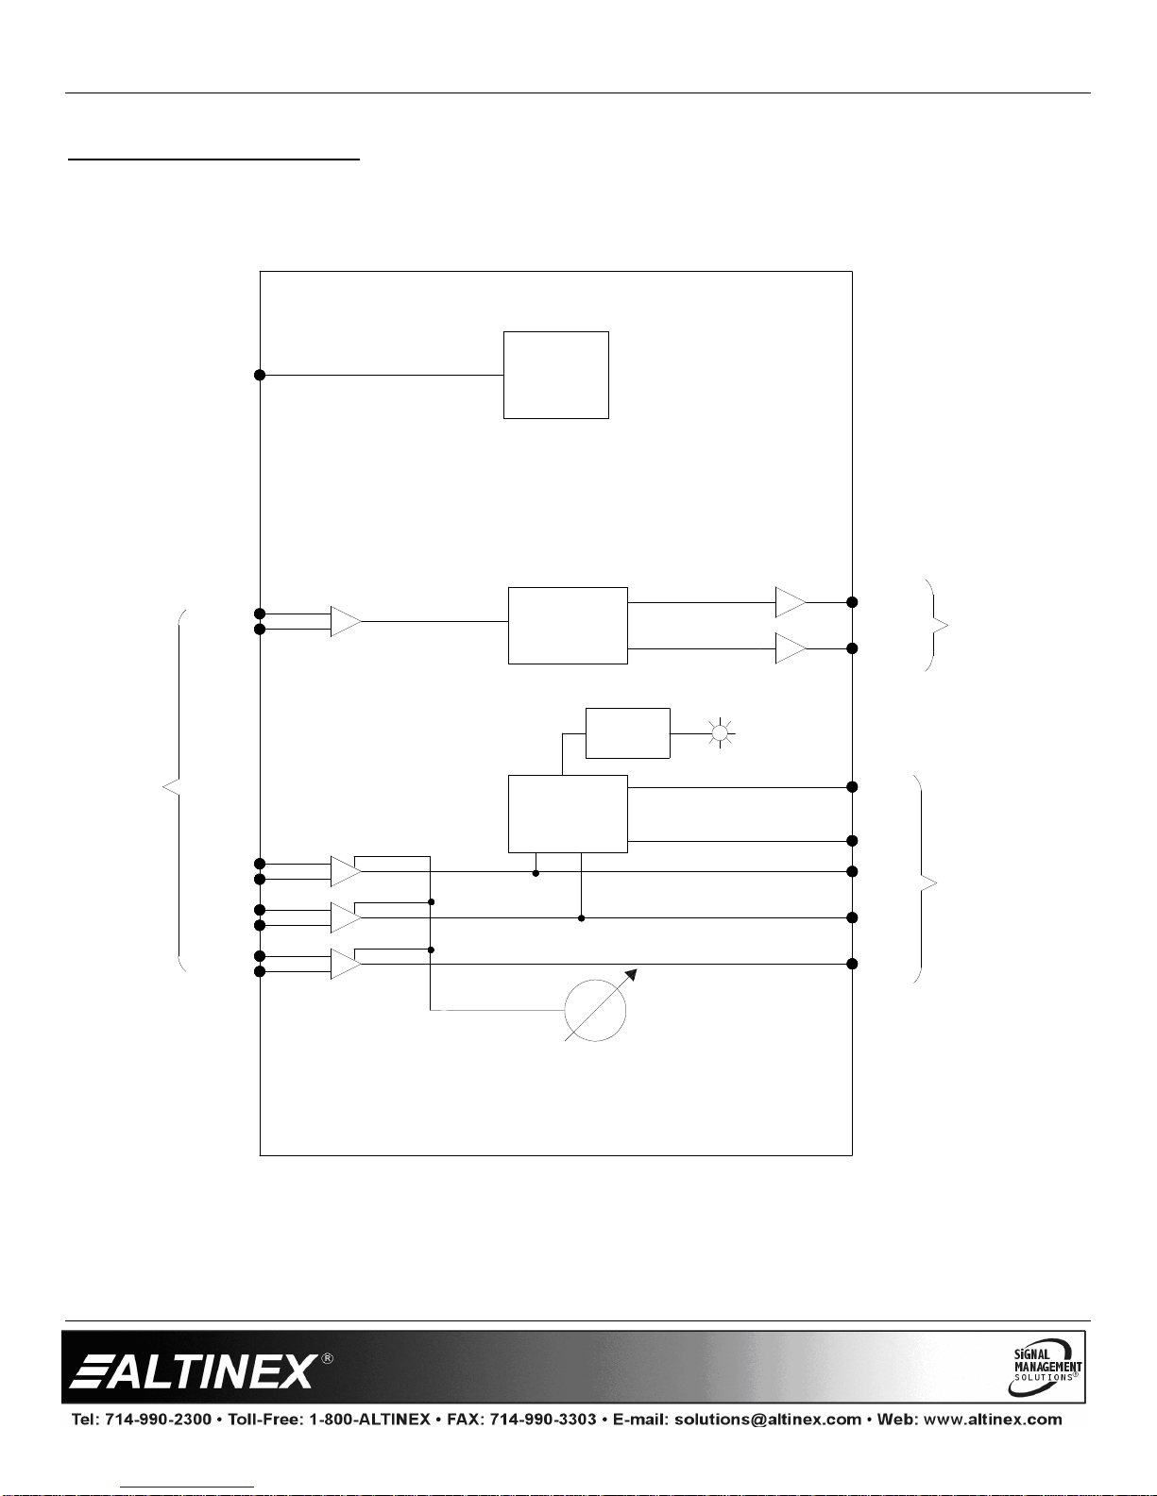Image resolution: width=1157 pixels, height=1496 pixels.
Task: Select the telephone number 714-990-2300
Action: click(x=158, y=1419)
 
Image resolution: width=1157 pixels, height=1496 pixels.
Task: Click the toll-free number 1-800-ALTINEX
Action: click(x=369, y=1419)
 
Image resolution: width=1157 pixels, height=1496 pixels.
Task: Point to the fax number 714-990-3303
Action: click(x=543, y=1419)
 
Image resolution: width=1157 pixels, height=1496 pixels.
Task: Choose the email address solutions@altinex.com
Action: click(x=768, y=1419)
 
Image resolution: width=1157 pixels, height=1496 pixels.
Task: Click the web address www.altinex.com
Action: click(x=993, y=1419)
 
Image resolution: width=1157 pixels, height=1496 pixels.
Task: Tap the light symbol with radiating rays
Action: click(x=720, y=733)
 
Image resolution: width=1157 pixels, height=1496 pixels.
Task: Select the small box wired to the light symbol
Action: click(x=627, y=733)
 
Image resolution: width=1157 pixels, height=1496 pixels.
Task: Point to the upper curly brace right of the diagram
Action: click(x=935, y=625)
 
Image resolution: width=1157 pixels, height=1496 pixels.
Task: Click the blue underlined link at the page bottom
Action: click(x=187, y=1488)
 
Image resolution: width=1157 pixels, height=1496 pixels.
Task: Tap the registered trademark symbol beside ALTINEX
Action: click(x=327, y=1358)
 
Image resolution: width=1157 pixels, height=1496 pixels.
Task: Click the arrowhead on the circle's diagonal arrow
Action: click(x=632, y=974)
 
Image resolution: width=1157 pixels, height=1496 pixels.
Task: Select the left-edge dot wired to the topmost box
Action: click(x=260, y=376)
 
